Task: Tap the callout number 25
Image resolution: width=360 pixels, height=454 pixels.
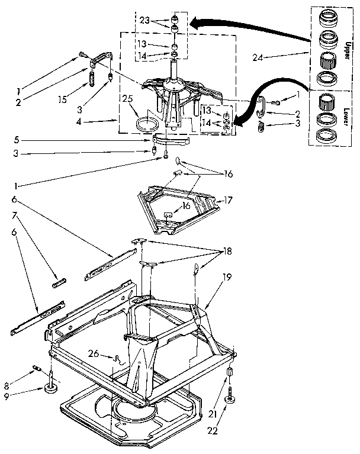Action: (x=126, y=98)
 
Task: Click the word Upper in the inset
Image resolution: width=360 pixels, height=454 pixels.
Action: (x=346, y=44)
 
